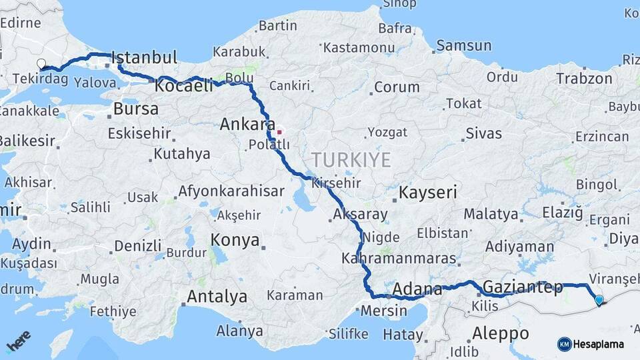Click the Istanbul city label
[x=144, y=57]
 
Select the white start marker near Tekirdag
[x=41, y=64]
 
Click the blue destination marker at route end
[x=599, y=300]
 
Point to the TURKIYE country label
[x=350, y=159]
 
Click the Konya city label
[x=235, y=240]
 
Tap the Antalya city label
[x=217, y=296]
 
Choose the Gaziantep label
[x=522, y=287]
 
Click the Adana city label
[x=417, y=289]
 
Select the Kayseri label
[x=427, y=193]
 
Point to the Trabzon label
[x=584, y=79]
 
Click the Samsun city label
[x=464, y=46]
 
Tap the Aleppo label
[x=500, y=333]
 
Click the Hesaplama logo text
[x=597, y=344]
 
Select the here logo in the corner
[x=18, y=342]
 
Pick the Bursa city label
[x=136, y=109]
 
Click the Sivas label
[x=483, y=133]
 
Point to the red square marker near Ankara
[x=280, y=132]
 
